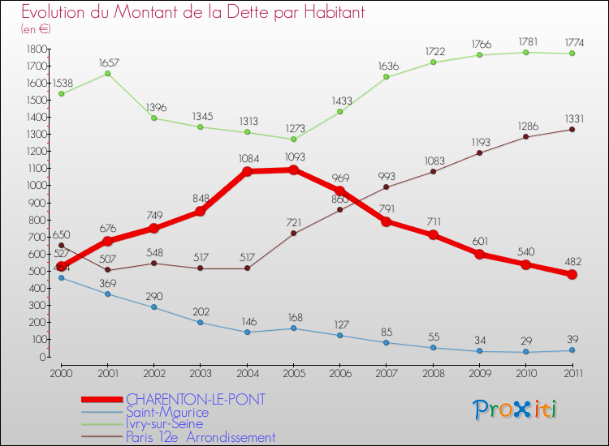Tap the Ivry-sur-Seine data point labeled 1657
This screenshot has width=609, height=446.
107,74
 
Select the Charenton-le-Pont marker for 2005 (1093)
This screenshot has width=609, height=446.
293,170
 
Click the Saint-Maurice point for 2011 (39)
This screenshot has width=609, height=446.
572,350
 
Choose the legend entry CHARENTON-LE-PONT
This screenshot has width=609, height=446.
196,400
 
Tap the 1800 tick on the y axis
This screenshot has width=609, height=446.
37,49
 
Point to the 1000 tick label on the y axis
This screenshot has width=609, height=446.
37,186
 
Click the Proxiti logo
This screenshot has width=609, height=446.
516,410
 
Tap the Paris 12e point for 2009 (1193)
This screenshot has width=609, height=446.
479,152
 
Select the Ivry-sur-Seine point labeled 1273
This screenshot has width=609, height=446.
293,139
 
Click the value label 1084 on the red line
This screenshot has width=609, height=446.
247,158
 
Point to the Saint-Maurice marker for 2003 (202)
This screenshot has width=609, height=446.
201,323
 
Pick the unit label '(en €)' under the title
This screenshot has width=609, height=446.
36,29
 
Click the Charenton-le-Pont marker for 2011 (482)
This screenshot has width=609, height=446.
572,275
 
